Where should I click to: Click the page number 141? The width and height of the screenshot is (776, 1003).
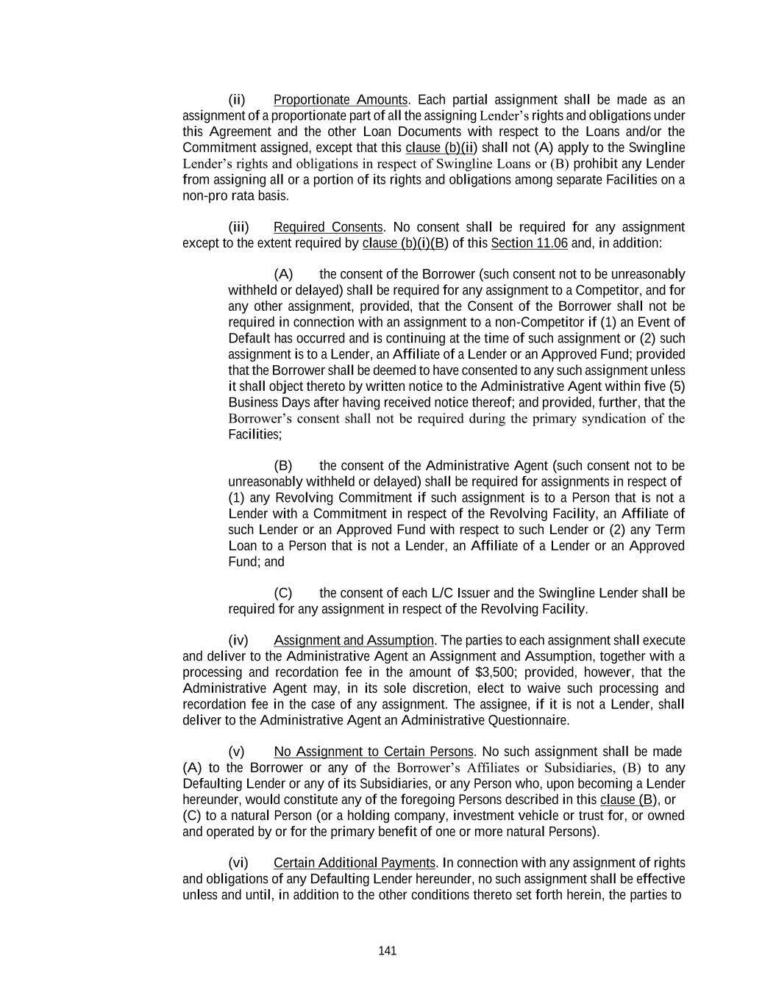coord(388,951)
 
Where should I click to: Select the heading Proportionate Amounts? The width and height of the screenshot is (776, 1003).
coord(340,100)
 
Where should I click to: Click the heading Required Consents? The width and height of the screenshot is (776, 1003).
coord(328,227)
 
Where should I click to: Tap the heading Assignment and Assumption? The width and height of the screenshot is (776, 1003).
coord(354,641)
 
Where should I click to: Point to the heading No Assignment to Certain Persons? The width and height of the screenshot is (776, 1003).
coord(374,752)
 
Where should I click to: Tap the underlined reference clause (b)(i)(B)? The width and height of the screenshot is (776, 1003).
coord(405,243)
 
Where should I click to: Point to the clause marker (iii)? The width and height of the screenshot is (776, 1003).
coord(238,227)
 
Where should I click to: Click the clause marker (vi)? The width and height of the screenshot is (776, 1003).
coord(238,863)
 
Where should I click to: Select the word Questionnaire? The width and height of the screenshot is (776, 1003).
coord(532,720)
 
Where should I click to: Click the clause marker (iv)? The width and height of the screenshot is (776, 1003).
coord(238,641)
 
